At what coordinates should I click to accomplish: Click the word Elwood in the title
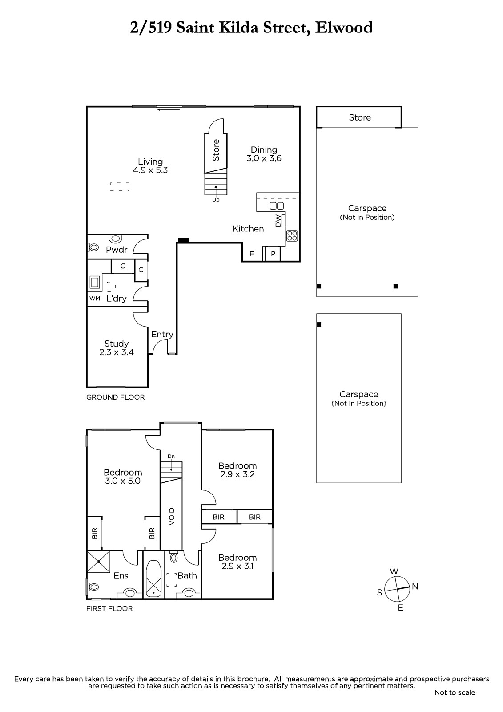click(x=344, y=27)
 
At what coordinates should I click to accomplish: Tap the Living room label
click(x=150, y=166)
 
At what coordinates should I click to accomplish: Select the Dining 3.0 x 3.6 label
click(x=264, y=154)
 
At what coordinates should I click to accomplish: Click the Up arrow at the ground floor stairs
click(x=216, y=192)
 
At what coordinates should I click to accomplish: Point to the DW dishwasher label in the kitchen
click(x=278, y=220)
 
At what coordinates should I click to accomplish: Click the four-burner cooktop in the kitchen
click(x=292, y=235)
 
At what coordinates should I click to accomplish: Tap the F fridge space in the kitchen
click(x=252, y=254)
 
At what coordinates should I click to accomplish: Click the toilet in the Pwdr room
click(x=93, y=247)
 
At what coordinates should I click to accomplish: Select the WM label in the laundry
click(x=95, y=299)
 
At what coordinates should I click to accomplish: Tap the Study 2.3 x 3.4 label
click(x=117, y=348)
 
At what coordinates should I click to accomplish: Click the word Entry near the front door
click(x=162, y=334)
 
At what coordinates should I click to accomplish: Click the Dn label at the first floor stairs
click(x=171, y=457)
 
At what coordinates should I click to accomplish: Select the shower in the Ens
click(x=98, y=562)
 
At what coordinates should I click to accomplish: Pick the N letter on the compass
click(x=414, y=587)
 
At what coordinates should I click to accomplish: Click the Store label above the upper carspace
click(x=360, y=117)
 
